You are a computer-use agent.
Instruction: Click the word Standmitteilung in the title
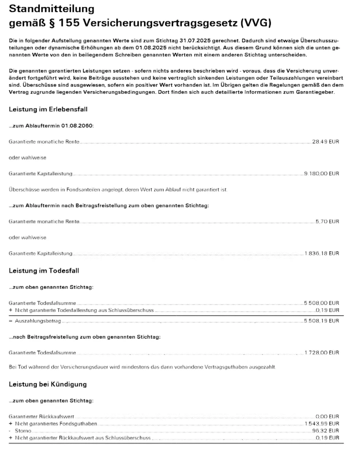51,8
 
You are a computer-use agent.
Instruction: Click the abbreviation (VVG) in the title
256,23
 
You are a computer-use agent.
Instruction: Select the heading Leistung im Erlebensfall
48,109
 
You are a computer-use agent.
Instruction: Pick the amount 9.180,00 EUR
322,173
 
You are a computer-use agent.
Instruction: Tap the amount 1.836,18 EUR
322,253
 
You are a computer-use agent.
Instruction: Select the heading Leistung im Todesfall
44,271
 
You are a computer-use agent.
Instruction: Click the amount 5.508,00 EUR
322,303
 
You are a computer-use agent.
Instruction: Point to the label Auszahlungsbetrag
38,321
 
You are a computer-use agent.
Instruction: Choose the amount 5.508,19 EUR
322,321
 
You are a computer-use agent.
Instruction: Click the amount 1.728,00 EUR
322,353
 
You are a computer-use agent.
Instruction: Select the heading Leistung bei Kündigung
48,384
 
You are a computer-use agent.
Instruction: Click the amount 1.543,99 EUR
322,424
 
